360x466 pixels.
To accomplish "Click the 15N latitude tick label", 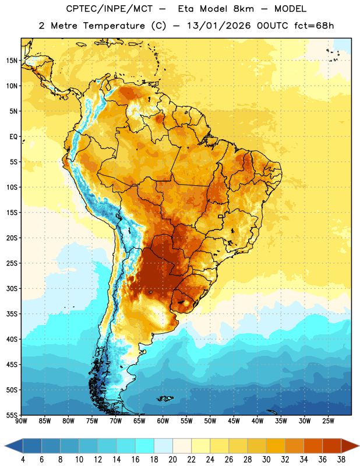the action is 12,61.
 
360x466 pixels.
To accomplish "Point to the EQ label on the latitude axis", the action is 13,137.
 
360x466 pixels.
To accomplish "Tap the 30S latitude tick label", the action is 12,288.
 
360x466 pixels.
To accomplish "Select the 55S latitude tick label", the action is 12,415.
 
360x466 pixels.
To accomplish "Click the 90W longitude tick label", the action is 21,421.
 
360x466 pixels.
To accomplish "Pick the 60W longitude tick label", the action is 163,421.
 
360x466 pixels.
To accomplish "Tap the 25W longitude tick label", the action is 328,421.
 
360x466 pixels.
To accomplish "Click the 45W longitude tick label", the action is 234,421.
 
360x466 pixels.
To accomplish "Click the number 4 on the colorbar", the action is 23,460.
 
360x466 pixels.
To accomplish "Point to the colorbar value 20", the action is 172,460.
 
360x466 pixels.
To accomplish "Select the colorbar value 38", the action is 341,460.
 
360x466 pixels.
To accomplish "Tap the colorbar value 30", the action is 266,460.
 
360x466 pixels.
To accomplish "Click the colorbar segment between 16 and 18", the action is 145,446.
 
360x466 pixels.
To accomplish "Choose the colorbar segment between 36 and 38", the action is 332,446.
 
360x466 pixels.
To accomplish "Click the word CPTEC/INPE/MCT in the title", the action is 110,9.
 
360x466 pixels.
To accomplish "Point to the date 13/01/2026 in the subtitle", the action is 219,26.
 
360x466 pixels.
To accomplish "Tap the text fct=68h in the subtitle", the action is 314,26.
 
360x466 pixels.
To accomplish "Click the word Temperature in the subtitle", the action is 114,26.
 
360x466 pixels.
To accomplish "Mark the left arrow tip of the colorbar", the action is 5,446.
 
